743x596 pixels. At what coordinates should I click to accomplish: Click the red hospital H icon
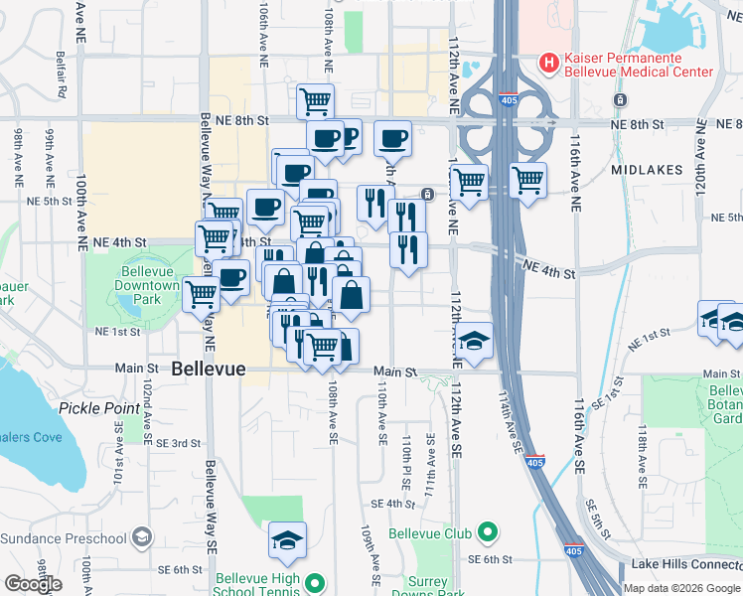[x=547, y=63]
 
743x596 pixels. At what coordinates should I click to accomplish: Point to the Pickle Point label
[x=99, y=407]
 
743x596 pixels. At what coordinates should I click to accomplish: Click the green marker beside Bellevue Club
[x=487, y=533]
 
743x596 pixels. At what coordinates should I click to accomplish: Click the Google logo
[x=33, y=584]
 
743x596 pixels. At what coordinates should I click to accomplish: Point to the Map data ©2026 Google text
[x=682, y=588]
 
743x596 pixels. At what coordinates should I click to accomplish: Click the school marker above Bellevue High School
[x=288, y=539]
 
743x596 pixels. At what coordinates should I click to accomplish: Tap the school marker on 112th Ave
[x=476, y=340]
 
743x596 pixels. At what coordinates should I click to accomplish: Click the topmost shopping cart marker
[x=315, y=100]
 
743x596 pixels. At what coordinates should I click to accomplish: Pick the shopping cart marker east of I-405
[x=528, y=181]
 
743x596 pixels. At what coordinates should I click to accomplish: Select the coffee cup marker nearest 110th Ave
[x=392, y=138]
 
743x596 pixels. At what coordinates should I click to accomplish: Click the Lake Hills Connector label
[x=686, y=564]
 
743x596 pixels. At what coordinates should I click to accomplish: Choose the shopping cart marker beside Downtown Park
[x=201, y=292]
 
